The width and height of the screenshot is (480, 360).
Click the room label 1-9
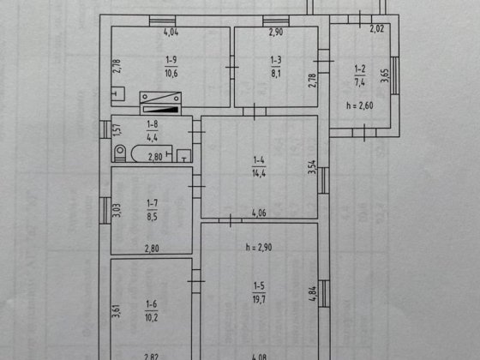coord(171,59)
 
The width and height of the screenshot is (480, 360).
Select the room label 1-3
coord(275,59)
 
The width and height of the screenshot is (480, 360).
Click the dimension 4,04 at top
coord(171,33)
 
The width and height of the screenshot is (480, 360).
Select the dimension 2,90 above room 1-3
coord(275,33)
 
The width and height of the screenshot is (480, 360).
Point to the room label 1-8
coord(152,124)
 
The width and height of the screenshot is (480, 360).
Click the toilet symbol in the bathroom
coord(119,154)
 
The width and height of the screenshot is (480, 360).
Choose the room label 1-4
coord(260,159)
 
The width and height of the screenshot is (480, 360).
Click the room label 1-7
coord(153,202)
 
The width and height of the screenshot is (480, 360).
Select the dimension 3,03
coord(117,208)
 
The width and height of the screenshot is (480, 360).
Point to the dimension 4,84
coord(312,296)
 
